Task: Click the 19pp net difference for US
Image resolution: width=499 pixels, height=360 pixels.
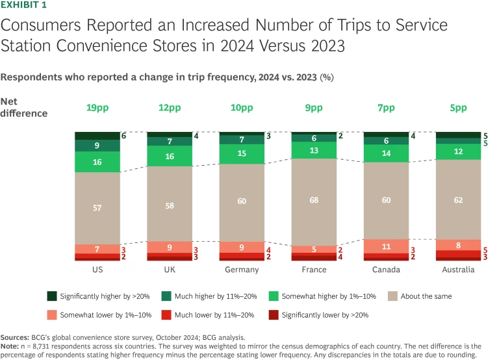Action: coord(97,108)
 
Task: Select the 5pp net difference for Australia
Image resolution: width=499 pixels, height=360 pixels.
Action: coord(458,108)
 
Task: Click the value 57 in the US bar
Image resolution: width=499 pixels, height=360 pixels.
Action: coord(97,208)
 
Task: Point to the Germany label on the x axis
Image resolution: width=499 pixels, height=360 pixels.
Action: coord(242,270)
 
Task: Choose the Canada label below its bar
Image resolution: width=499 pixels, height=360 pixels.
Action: coord(386,270)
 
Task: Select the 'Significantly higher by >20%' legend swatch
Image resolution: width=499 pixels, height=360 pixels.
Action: coord(51,296)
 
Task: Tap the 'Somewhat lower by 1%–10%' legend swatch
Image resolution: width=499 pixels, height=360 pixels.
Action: coord(51,315)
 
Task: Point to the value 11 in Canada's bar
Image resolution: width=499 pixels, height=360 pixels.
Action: coord(386,247)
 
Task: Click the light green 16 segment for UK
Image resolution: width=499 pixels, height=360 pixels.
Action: coord(170,157)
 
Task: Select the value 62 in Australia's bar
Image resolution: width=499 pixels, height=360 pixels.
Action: coord(458,201)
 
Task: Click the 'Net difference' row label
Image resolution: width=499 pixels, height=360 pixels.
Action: coord(23,108)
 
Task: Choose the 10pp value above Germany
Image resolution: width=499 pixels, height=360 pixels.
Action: coord(242,108)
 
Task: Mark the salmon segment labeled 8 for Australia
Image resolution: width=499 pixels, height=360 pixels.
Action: coord(458,245)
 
